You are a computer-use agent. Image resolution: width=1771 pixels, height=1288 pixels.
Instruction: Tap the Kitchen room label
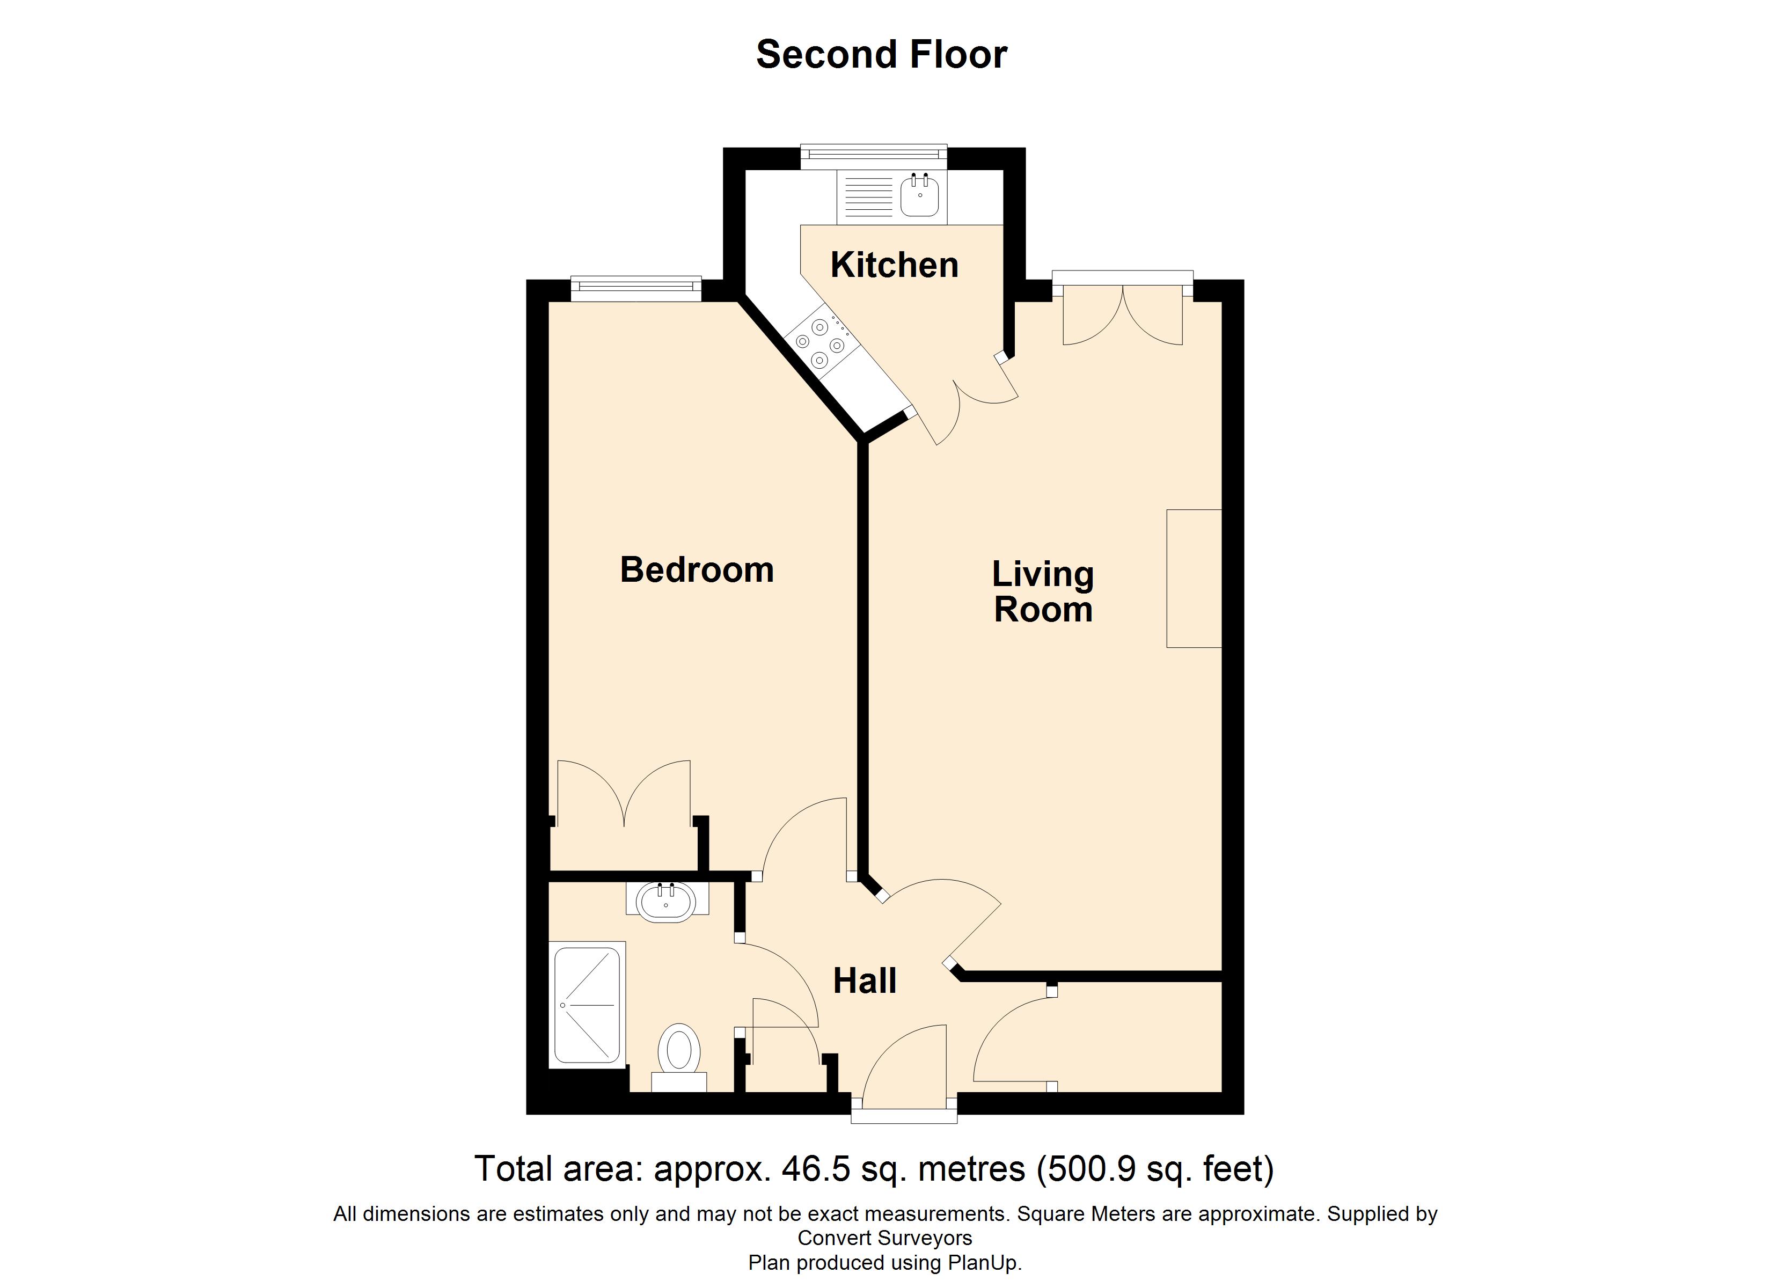coord(894,265)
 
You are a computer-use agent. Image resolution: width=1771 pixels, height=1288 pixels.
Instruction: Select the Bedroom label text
coord(697,569)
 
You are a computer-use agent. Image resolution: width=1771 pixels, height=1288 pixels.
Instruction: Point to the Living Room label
coord(1042,591)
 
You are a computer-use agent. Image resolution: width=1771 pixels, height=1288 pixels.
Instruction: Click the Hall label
coord(865,981)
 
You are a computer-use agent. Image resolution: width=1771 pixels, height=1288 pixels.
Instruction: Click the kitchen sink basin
coord(919,196)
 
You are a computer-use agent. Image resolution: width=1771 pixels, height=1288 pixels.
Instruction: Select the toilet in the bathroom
coord(678,1050)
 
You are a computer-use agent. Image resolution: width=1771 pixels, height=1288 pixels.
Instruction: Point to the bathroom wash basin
coord(665,903)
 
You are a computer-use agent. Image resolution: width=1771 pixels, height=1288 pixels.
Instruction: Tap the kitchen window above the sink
coord(874,156)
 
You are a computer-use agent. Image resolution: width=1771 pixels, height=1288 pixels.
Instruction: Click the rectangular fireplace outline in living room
coord(1193,579)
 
